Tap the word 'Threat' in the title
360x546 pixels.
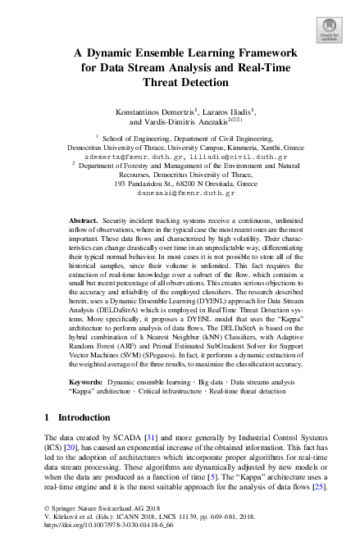165,83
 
